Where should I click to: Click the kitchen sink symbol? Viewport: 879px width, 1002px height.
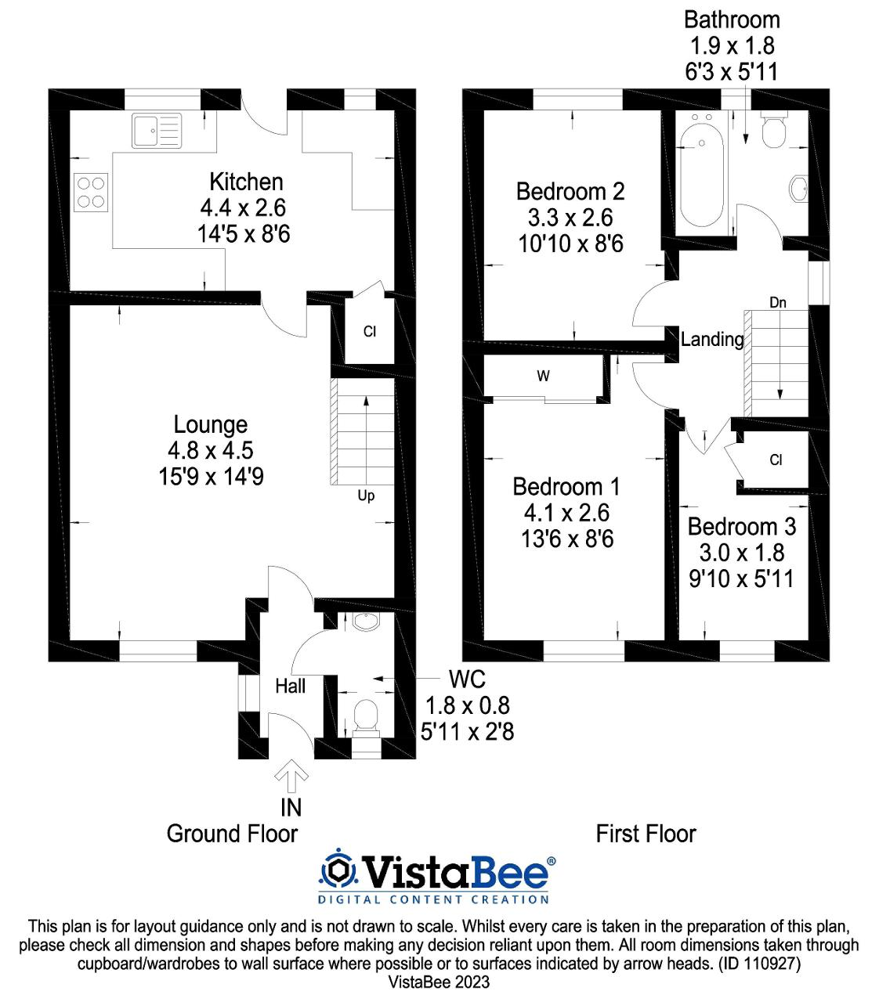coord(156,130)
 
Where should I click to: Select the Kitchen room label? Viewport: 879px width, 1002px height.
coord(246,182)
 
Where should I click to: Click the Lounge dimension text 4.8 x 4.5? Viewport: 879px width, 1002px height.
coord(210,450)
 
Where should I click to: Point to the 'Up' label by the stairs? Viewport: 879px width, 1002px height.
coord(366,496)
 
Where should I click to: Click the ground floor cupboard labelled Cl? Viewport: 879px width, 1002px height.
coord(370,331)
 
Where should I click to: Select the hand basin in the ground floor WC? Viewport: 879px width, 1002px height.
coord(364,622)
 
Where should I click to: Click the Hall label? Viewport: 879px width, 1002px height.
coord(290,687)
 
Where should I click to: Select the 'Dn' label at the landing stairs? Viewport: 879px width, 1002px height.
coord(777,302)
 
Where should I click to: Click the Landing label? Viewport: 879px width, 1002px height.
coord(711,339)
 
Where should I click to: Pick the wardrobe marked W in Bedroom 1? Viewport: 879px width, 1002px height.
coord(543,377)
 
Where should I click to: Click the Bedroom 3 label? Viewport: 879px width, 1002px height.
coord(741,526)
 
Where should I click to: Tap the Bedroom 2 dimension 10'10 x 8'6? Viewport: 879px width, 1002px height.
coord(570,244)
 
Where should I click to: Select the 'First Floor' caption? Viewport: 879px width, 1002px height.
coord(646,834)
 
